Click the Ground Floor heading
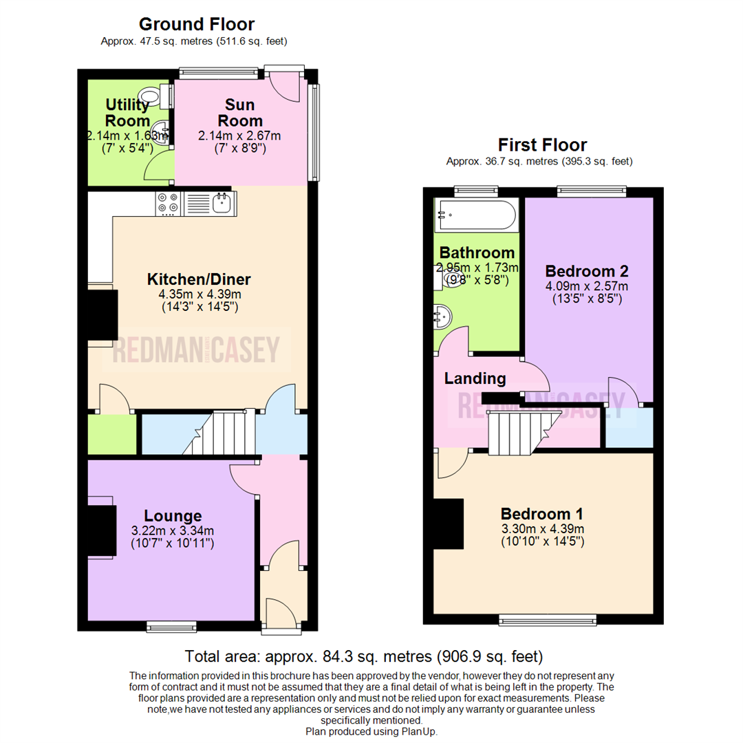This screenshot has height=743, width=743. pyautogui.click(x=196, y=25)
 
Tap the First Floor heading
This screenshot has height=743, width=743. pyautogui.click(x=543, y=145)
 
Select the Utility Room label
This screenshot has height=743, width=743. pyautogui.click(x=127, y=113)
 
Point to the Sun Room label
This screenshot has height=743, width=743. pyautogui.click(x=240, y=113)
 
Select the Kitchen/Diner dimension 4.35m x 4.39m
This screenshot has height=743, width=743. pyautogui.click(x=199, y=294)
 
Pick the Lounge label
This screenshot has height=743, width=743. pyautogui.click(x=173, y=516)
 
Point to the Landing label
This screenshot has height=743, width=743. pyautogui.click(x=475, y=378)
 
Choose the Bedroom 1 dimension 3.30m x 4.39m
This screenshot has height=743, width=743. pyautogui.click(x=543, y=528)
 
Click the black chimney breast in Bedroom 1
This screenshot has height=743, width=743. pyautogui.click(x=448, y=524)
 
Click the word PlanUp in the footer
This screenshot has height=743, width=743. pyautogui.click(x=420, y=731)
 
